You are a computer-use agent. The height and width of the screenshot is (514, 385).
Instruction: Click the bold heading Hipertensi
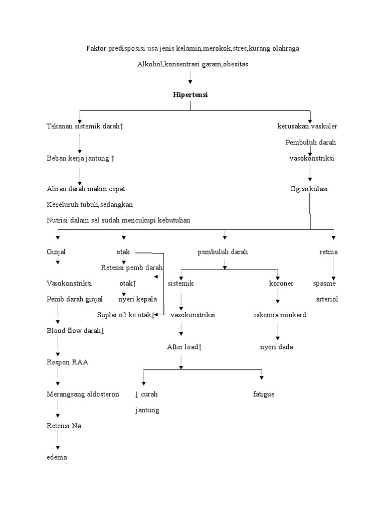tap(190, 95)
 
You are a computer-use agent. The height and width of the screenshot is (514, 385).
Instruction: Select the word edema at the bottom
tap(57, 457)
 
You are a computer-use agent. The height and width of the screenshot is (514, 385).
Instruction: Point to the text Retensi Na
tap(64, 426)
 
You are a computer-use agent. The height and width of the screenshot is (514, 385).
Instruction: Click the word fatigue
tap(264, 394)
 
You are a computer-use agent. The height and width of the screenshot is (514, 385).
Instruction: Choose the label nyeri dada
tap(276, 347)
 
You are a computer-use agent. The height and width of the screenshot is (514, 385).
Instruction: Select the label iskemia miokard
tap(279, 315)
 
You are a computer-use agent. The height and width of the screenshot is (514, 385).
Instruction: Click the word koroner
tap(281, 284)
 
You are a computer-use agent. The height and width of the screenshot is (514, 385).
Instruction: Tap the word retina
tap(328, 252)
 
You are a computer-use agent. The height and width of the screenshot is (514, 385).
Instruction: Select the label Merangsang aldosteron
tap(83, 394)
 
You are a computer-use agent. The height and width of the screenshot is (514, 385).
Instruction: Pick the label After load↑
tap(184, 347)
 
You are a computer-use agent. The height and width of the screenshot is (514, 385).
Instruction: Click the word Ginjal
tap(56, 252)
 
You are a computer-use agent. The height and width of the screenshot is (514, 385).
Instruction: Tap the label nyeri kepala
tap(137, 299)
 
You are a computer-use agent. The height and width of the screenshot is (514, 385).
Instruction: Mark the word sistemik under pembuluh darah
tap(180, 284)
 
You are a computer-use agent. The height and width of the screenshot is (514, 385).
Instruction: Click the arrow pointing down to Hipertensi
tap(190, 78)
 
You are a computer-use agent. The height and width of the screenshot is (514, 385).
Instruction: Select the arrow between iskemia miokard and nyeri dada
tap(277, 331)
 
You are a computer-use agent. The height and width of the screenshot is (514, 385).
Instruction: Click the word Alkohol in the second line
tap(148, 64)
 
